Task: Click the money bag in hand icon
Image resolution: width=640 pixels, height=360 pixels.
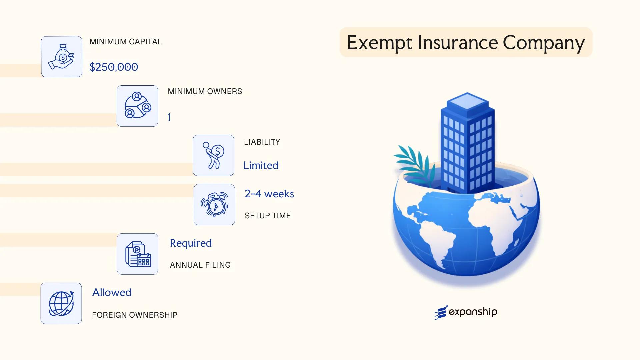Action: tap(62, 57)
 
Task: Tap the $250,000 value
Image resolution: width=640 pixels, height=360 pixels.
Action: tap(114, 67)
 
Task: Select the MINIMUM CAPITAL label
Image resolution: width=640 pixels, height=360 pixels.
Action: tap(126, 42)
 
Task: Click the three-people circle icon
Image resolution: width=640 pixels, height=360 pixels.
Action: tap(137, 106)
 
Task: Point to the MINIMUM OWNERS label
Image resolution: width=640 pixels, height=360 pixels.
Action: tap(205, 91)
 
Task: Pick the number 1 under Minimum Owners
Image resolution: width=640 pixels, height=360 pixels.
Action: tap(169, 117)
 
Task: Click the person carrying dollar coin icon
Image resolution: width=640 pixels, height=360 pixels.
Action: tap(213, 155)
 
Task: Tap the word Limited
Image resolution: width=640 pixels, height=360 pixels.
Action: tap(261, 165)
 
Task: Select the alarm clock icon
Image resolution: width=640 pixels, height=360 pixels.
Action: tap(214, 205)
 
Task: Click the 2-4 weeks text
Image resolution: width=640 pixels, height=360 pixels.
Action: tap(269, 194)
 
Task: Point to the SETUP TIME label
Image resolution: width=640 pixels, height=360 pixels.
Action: tap(268, 216)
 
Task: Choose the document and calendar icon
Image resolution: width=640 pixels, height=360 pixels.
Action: tap(138, 254)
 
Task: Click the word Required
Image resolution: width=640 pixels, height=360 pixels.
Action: tap(191, 243)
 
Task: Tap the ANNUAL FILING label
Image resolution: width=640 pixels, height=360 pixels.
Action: tap(200, 265)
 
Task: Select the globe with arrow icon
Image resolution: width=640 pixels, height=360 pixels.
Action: tap(61, 303)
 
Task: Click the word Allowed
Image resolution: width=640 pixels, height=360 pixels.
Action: tap(112, 292)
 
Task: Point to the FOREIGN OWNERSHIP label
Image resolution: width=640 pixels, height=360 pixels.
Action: tap(135, 315)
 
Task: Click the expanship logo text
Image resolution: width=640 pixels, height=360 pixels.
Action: tap(473, 312)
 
